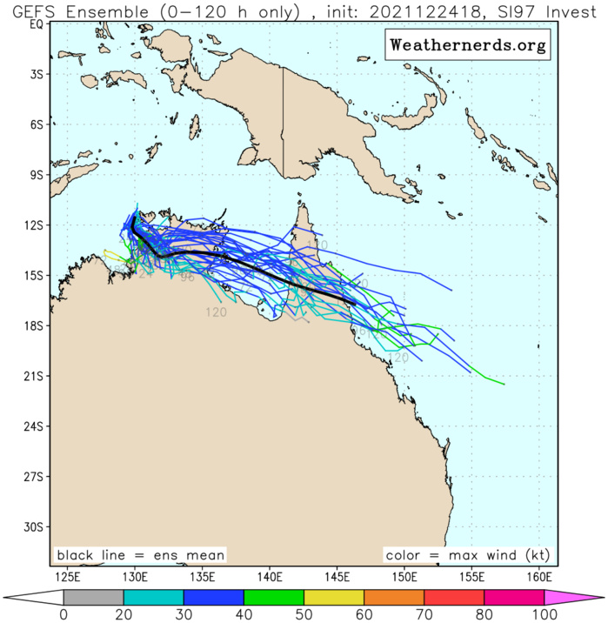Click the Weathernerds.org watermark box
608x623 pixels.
467,44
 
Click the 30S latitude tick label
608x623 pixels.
32,526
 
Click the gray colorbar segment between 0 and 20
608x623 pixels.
93,597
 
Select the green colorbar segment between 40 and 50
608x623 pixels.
273,597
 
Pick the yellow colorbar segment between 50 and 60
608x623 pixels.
333,597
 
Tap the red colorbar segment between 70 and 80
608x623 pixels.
453,597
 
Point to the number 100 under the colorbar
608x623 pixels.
544,615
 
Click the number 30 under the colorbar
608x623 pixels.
184,615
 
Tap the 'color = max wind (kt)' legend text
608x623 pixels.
468,555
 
